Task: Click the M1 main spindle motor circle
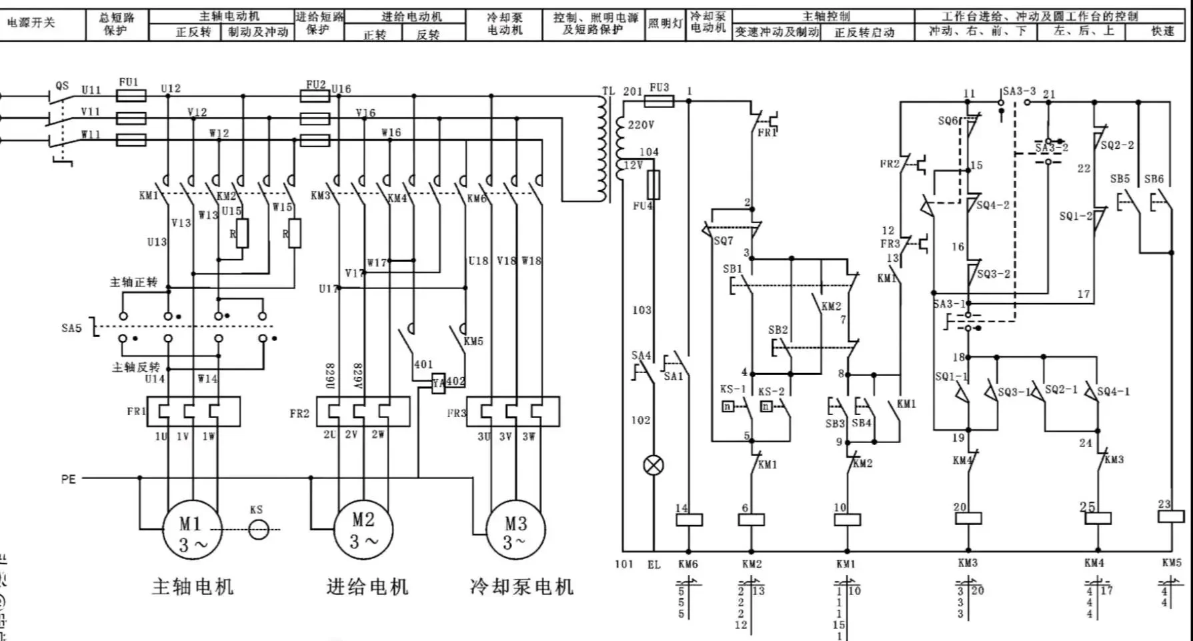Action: click(192, 530)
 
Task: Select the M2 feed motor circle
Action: click(363, 530)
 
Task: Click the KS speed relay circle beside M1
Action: click(259, 530)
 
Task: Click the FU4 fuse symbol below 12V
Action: click(654, 185)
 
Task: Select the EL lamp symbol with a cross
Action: click(654, 465)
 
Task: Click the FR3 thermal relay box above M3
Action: click(513, 412)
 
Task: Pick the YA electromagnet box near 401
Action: click(438, 384)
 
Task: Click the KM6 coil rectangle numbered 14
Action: click(689, 519)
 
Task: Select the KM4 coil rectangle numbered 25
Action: click(1097, 518)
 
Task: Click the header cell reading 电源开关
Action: click(31, 23)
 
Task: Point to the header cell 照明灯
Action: click(665, 24)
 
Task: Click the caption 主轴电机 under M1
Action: click(193, 587)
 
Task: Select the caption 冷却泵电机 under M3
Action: click(521, 587)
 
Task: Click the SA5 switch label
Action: click(71, 328)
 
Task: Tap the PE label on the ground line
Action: click(69, 479)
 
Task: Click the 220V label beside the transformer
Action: click(641, 125)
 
